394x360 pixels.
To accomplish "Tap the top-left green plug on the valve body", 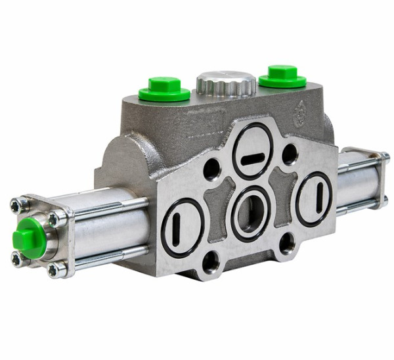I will (164, 89).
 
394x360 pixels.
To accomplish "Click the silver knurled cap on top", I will (225, 83).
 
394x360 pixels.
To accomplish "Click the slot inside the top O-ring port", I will (252, 160).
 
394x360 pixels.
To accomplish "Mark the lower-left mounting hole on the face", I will (211, 262).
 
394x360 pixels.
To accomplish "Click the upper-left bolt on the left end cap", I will (16, 206).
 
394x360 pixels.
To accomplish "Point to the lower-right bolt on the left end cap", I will (55, 269).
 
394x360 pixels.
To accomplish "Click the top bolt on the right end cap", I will (385, 158).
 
